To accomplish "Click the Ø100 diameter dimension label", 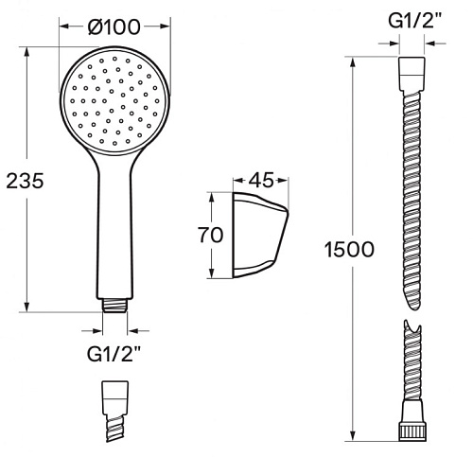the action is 114,26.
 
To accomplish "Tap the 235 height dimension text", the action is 25,181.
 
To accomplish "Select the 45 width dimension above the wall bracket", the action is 261,181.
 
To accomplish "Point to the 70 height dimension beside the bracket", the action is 211,235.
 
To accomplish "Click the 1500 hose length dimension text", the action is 349,249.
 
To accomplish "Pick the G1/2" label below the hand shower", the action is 114,354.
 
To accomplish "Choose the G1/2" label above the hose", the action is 414,21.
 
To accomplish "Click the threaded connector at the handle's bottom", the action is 115,305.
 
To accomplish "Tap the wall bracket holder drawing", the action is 260,236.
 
